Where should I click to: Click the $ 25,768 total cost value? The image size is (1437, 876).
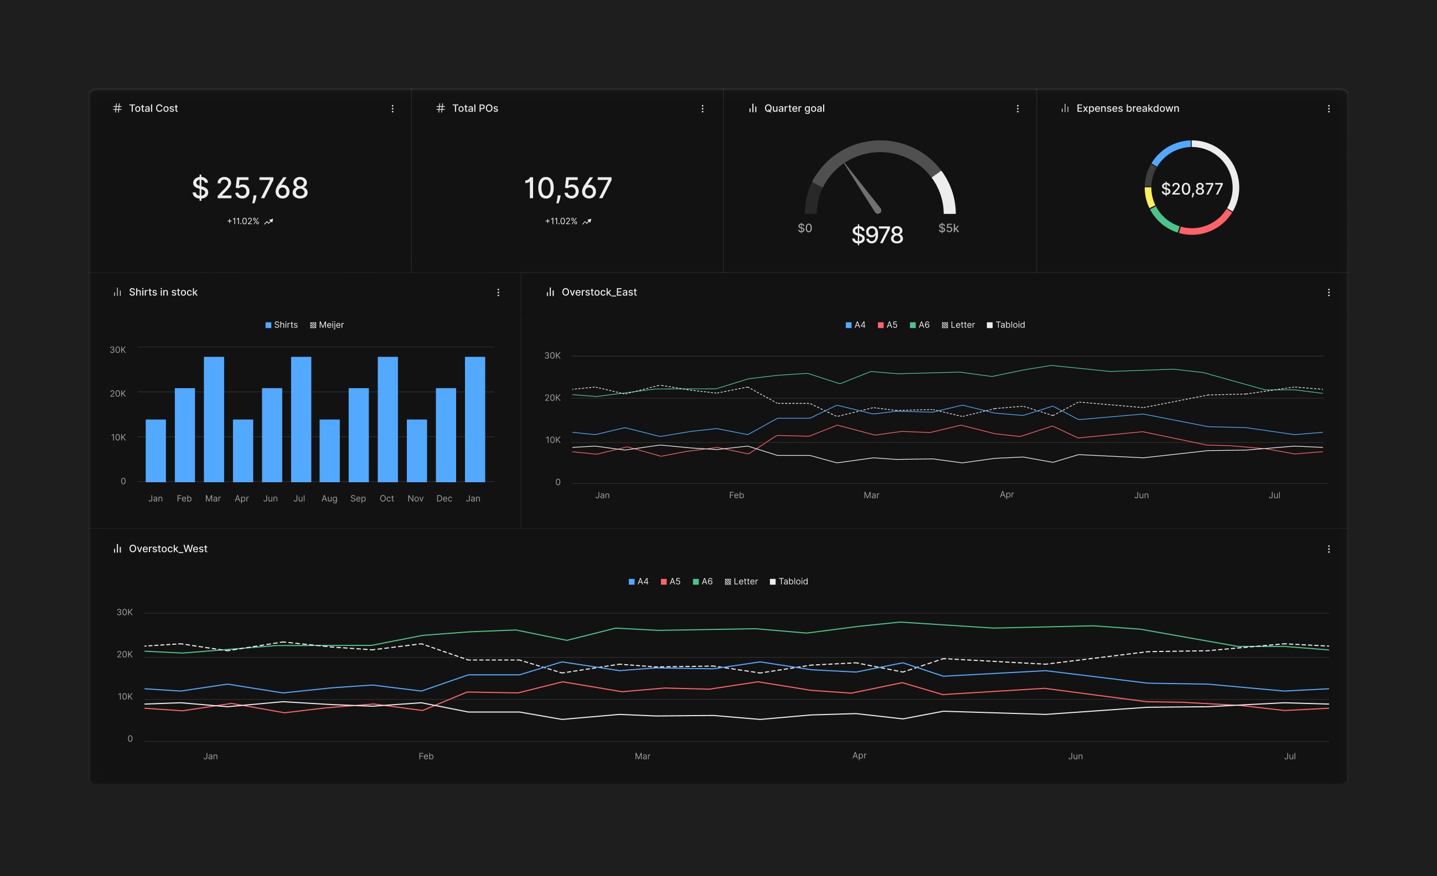point(250,188)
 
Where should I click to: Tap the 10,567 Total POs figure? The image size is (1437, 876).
point(568,188)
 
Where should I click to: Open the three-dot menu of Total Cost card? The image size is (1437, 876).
point(392,109)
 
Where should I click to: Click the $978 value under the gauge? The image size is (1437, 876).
point(877,235)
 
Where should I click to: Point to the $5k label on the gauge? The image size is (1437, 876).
point(948,228)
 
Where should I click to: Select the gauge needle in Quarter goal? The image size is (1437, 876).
point(862,188)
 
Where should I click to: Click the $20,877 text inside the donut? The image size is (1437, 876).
point(1191,189)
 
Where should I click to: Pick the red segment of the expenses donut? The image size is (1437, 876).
point(1207,226)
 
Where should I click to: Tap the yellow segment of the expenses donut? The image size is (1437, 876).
point(1150,197)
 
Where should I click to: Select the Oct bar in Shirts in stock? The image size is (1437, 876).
point(388,419)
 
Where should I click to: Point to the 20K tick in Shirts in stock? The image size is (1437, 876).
point(118,393)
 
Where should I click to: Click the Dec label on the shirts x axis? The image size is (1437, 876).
point(444,498)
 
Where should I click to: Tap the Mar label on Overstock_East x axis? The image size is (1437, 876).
point(871,495)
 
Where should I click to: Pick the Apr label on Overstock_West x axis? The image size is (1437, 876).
point(859,755)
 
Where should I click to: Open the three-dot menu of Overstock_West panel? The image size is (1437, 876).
point(1329,549)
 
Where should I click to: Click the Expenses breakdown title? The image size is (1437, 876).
point(1128,108)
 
